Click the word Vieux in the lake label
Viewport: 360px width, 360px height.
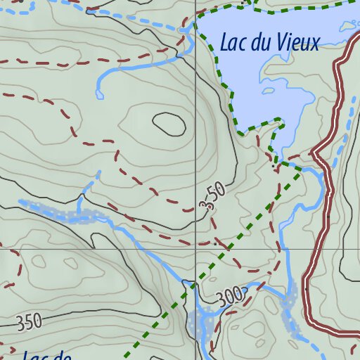tap(298, 43)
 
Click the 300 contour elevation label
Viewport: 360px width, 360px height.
tap(230, 295)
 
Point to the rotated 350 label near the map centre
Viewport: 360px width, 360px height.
tap(212, 196)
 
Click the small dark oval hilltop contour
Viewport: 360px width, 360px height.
tap(169, 124)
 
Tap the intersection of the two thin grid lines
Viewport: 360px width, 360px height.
tap(195, 249)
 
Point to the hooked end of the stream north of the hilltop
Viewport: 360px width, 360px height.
tap(98, 93)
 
